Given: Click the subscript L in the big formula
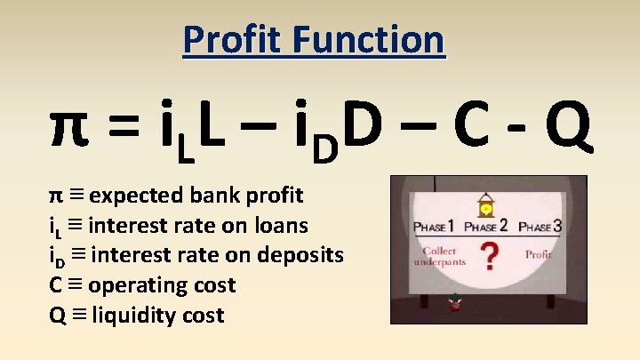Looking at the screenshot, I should tap(185, 151).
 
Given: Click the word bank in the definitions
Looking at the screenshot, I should tap(223, 194).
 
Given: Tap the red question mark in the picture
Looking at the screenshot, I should tap(487, 258).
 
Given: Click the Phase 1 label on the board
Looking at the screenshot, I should tap(434, 226).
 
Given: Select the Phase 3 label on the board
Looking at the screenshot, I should tap(540, 226).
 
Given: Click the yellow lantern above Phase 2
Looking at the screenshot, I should tap(486, 208).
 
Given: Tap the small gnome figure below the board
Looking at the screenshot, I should tap(456, 302).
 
